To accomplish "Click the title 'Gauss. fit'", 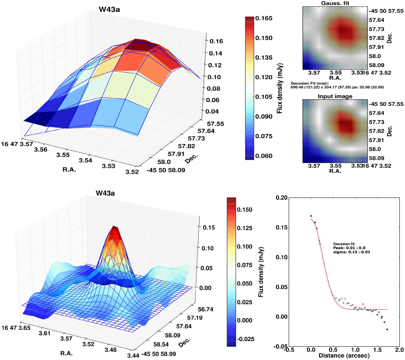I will pos(330,3).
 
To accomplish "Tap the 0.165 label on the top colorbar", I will pos(264,18).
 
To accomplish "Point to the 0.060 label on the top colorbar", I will pos(264,156).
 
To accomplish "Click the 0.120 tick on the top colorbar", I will pos(264,77).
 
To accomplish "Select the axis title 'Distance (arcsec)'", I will pos(344,356).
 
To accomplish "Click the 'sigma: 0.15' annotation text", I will pos(351,252).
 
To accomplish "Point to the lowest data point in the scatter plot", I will pos(387,329).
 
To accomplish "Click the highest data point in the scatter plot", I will pos(311,216).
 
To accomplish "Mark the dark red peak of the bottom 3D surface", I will pos(115,229).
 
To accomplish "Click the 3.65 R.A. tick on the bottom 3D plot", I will pos(25,328).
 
